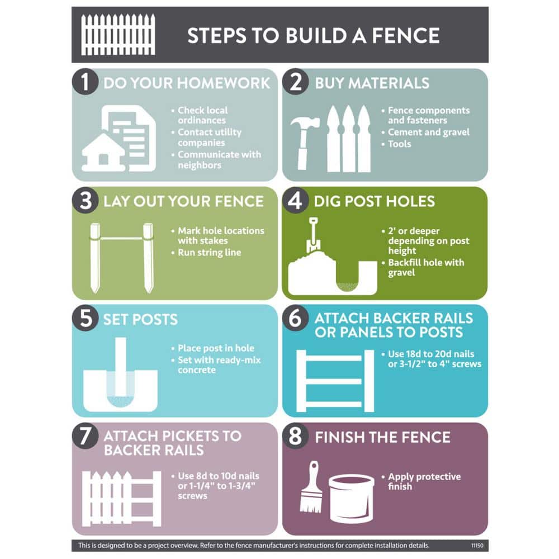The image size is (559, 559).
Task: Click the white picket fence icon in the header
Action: pos(118,35)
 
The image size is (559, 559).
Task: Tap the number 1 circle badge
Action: pos(85,82)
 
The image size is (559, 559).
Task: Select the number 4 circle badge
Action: pos(295,200)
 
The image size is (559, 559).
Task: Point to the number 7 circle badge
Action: pos(85,435)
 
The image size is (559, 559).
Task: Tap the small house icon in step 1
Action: pos(103,152)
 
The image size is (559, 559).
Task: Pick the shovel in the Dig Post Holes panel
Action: pos(313,235)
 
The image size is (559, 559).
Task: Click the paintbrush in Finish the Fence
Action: pos(311,487)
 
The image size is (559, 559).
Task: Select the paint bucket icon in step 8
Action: pos(352,498)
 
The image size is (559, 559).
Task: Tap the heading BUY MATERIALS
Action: pos(372,83)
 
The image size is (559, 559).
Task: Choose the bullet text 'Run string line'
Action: pos(209,253)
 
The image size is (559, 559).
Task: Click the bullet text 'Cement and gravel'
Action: pos(429,132)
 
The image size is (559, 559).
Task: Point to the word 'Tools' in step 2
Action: pos(400,144)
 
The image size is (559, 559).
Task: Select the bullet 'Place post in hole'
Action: pos(216,348)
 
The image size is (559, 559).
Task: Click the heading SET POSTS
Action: pos(140,319)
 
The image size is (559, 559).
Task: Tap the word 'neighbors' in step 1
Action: pos(200,165)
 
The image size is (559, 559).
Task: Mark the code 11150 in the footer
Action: pos(477,546)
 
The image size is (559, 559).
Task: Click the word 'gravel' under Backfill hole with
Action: pos(401,273)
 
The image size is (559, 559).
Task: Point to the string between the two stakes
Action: pos(121,238)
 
